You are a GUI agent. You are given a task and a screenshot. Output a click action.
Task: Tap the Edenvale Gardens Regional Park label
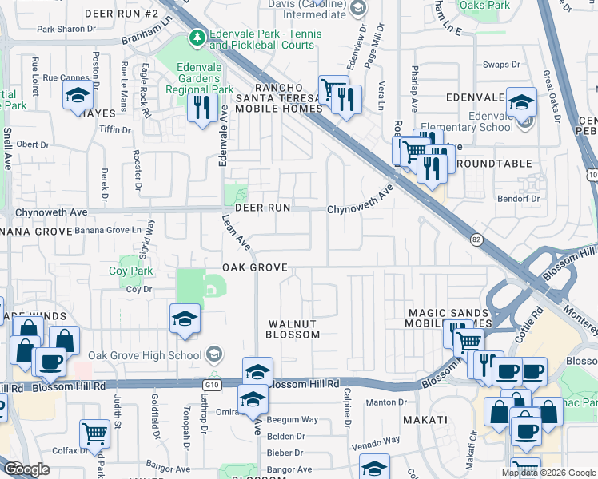pyautogui.click(x=193, y=78)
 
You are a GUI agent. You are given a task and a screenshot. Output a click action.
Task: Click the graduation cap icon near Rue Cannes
pyautogui.click(x=77, y=96)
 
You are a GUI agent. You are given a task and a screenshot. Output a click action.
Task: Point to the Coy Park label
pyautogui.click(x=130, y=271)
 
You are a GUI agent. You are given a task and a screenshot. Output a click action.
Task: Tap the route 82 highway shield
pyautogui.click(x=476, y=239)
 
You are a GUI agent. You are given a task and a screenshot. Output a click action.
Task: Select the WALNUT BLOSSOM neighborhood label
pyautogui.click(x=293, y=329)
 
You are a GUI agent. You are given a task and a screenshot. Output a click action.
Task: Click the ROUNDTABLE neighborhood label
pyautogui.click(x=494, y=164)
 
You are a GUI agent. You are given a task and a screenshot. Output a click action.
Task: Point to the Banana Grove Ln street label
pyautogui.click(x=113, y=230)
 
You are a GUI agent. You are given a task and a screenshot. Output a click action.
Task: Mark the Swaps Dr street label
pyautogui.click(x=501, y=65)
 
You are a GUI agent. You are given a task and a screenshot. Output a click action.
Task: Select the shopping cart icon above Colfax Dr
pyautogui.click(x=94, y=434)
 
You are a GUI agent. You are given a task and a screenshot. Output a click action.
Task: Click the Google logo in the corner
pyautogui.click(x=26, y=469)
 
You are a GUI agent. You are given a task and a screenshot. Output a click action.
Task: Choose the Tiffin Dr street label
pyautogui.click(x=115, y=129)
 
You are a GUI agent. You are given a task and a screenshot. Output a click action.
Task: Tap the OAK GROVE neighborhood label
pyautogui.click(x=254, y=267)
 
